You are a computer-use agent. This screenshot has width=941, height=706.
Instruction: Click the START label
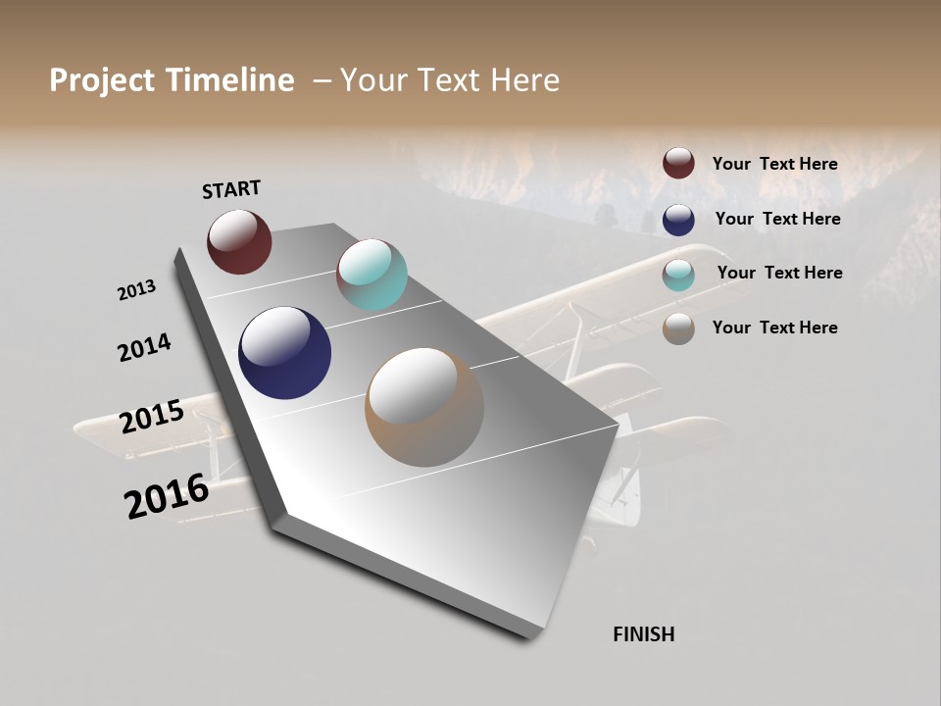[231, 189]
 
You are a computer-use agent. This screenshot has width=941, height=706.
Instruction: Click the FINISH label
[644, 634]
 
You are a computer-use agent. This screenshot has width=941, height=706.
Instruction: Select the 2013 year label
[136, 290]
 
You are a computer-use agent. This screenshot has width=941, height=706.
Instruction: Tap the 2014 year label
[144, 348]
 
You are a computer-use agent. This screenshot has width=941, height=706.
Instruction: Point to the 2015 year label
[152, 417]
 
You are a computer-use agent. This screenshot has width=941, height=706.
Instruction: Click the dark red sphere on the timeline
[239, 241]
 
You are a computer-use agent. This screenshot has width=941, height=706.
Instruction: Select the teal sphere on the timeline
[371, 275]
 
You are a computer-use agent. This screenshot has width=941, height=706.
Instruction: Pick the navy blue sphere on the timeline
[284, 353]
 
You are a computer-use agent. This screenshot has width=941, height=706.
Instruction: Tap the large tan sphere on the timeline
[424, 407]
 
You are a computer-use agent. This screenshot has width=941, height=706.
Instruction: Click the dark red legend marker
[678, 163]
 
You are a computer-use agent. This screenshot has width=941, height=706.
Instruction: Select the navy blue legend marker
[678, 219]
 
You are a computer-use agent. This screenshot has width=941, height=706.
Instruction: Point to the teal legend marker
[678, 274]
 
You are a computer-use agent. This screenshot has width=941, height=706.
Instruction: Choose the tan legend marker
[678, 328]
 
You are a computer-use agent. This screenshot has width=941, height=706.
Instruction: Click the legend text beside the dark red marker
[775, 164]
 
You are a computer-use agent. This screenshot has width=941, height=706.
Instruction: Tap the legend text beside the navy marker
[777, 219]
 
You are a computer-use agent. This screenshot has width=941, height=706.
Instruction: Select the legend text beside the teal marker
[779, 273]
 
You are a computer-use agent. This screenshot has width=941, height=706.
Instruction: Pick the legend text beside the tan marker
[775, 328]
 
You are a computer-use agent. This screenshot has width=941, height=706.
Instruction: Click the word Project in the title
[102, 80]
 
